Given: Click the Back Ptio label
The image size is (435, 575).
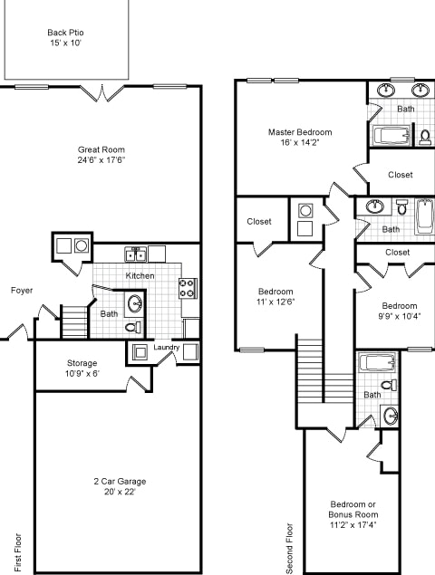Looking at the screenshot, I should pos(65,33).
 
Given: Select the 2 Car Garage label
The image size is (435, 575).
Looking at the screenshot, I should pos(119,481).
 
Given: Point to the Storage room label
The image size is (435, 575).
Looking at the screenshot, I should pos(82,362).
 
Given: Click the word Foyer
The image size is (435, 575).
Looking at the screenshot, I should pos(23,291).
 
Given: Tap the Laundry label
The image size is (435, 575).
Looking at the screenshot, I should pos(166,347).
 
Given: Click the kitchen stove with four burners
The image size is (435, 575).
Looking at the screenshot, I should pos(188,288).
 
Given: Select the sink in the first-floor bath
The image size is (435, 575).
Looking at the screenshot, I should pos(135,302).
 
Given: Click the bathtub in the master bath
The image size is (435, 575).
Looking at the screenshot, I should pos(392,138).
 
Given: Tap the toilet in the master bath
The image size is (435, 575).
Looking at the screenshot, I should pos(424,137).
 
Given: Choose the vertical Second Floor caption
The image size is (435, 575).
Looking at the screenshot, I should pos(290,547).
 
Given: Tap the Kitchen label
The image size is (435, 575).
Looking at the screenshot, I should pos(140,275).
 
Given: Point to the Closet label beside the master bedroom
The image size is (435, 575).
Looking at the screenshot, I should pos(400,175).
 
